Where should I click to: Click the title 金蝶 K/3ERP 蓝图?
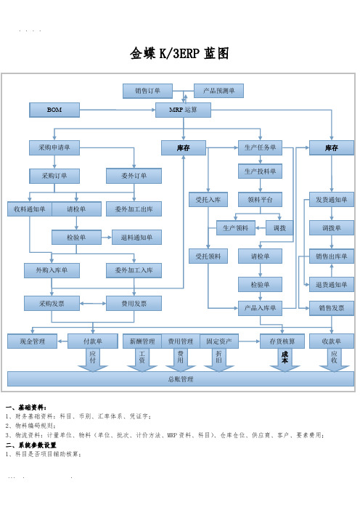(x=179, y=53)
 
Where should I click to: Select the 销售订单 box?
(x=147, y=91)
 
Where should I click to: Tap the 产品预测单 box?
(x=218, y=91)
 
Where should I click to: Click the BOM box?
(x=54, y=110)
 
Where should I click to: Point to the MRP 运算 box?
(x=183, y=110)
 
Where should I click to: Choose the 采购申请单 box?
(x=54, y=147)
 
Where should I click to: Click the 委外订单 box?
(x=134, y=176)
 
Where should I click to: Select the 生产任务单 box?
(x=260, y=147)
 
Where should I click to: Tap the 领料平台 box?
(x=260, y=200)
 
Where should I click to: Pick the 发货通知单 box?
(x=332, y=200)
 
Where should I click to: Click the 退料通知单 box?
(x=136, y=238)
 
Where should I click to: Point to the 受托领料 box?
(x=208, y=256)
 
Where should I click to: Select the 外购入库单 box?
(x=52, y=270)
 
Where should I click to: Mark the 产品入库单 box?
(x=260, y=308)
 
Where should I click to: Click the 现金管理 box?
(x=32, y=341)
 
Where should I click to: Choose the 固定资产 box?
(x=219, y=341)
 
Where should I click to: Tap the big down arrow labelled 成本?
(x=285, y=360)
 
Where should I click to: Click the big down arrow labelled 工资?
(x=142, y=360)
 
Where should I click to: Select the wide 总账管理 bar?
(x=181, y=379)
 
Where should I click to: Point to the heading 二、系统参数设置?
(x=31, y=445)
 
